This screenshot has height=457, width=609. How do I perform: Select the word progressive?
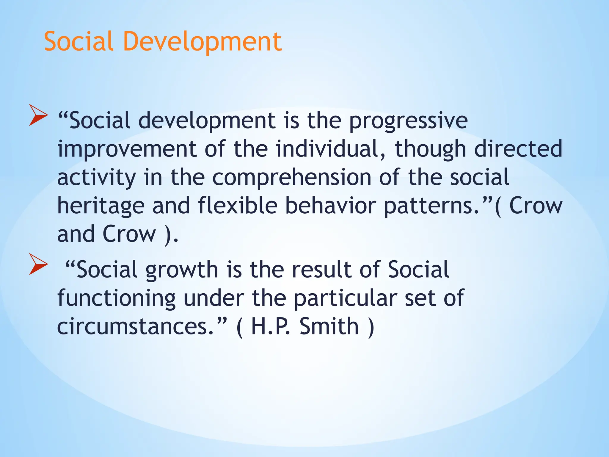point(408,121)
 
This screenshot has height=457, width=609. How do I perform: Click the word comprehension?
point(292,178)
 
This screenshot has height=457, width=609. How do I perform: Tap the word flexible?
point(237,206)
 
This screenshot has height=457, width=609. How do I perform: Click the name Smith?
point(329,326)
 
